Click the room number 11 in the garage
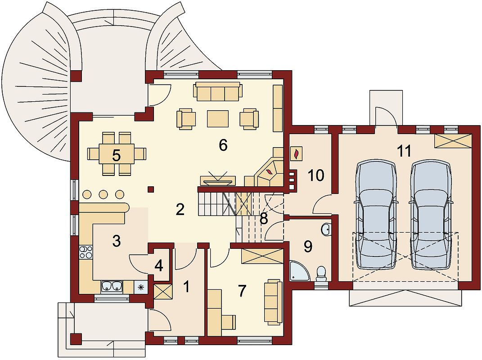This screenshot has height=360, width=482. click(x=404, y=151)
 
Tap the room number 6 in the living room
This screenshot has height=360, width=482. click(x=223, y=145)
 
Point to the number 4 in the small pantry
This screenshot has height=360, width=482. click(x=158, y=266)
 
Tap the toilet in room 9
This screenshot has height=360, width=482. click(x=321, y=273)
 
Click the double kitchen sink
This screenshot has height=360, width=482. click(x=112, y=286)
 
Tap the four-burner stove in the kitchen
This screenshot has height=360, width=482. click(x=86, y=252)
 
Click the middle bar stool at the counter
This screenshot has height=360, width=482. click(x=104, y=194)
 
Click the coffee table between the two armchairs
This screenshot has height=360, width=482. click(x=218, y=119)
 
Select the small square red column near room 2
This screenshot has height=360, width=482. click(x=151, y=189)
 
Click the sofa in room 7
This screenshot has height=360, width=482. click(x=273, y=302)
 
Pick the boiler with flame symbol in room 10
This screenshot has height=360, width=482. click(x=297, y=153)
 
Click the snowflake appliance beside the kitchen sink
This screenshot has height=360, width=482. click(x=141, y=288)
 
